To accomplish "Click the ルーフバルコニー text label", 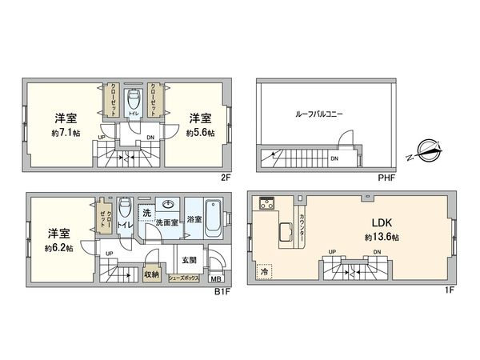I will (318, 114).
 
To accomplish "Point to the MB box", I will (215, 278).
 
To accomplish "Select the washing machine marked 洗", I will (146, 213).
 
